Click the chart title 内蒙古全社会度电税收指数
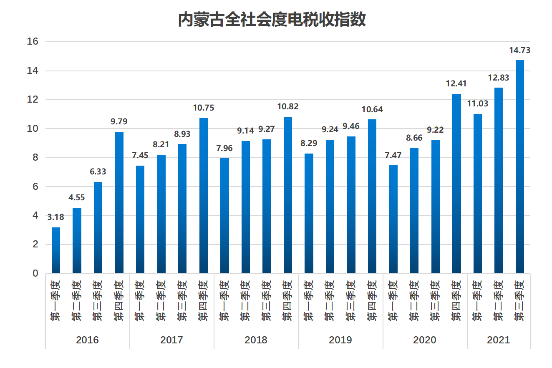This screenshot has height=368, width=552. click(272, 19)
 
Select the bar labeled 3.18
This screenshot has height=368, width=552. click(56, 250)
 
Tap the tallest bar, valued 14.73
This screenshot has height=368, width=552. click(519, 167)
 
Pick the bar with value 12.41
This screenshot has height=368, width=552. click(456, 184)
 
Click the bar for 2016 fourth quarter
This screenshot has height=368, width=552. click(119, 203)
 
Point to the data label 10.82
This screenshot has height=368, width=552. click(288, 107)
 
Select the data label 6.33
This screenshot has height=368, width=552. click(98, 172)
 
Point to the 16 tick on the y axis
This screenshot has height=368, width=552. click(33, 42)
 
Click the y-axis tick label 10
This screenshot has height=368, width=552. click(33, 129)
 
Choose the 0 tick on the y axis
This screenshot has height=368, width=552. click(35, 273)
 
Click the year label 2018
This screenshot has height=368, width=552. click(256, 340)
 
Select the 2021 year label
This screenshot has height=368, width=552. click(499, 340)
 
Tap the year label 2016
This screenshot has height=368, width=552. click(87, 340)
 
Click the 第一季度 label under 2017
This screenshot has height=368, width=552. click(140, 301)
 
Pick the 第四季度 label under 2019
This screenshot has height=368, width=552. click(372, 301)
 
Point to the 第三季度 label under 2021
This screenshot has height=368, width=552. click(519, 301)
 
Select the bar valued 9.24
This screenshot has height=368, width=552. click(330, 207)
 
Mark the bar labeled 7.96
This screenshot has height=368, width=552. click(224, 216)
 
